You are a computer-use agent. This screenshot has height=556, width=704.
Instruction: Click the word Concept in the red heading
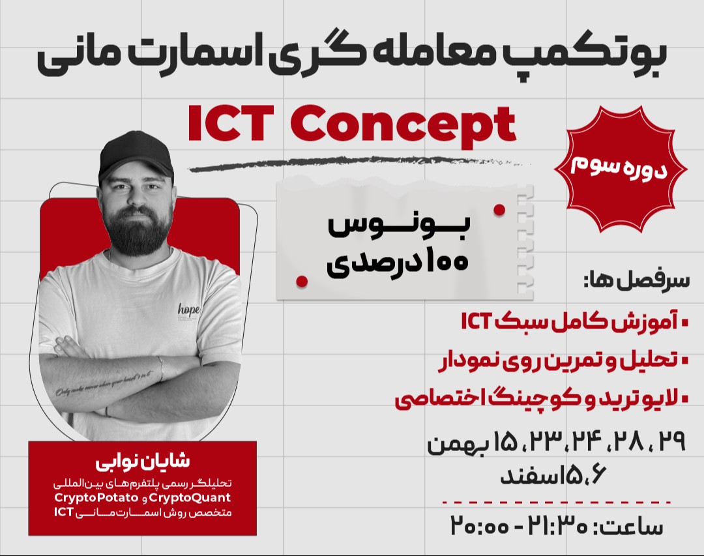click(404, 125)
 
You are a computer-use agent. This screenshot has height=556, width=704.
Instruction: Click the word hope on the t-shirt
click(189, 309)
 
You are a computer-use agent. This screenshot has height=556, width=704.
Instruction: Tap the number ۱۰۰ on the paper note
click(447, 263)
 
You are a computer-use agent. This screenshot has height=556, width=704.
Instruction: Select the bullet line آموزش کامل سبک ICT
click(573, 322)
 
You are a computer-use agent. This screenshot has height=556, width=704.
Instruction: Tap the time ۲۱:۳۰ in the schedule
click(561, 525)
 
